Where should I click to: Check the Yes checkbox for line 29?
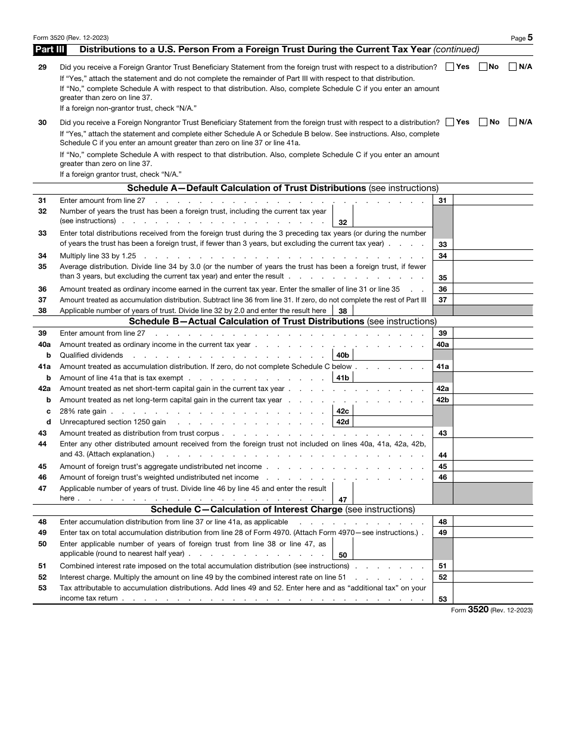[450, 67]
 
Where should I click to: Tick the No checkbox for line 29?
[483, 67]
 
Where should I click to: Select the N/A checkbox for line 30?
[512, 122]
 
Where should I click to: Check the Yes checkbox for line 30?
[450, 122]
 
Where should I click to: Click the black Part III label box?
[49, 50]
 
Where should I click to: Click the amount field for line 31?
[493, 201]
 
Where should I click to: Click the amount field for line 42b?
[493, 400]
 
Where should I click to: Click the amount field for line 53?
[493, 594]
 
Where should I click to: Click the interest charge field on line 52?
[493, 577]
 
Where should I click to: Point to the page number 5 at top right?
[530, 37]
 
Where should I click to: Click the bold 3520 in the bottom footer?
[478, 609]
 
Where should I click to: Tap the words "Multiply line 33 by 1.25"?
[98, 255]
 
